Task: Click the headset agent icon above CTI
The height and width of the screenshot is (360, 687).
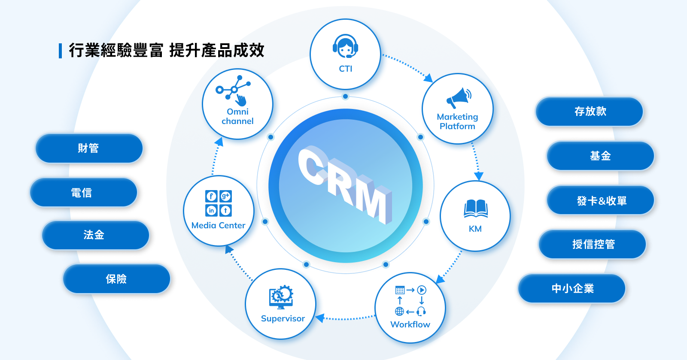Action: [x=345, y=46]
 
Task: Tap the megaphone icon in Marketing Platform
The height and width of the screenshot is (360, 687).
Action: [x=459, y=98]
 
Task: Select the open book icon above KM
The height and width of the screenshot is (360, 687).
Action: [x=475, y=209]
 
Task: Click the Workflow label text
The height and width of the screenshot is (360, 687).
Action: [x=410, y=324]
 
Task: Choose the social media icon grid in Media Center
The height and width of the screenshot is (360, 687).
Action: [x=219, y=203]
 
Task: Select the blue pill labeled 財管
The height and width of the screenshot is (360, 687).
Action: [x=89, y=148]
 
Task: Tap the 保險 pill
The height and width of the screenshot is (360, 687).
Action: [x=116, y=279]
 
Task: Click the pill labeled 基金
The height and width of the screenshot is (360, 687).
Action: [x=600, y=156]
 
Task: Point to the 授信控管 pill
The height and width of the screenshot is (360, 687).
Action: [x=593, y=244]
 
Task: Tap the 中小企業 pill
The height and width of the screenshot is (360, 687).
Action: [x=572, y=288]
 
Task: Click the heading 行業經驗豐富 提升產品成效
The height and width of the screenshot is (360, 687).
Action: [x=166, y=50]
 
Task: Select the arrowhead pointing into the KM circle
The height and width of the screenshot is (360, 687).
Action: [x=478, y=176]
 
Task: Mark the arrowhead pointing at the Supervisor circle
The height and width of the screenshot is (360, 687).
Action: [x=319, y=318]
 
